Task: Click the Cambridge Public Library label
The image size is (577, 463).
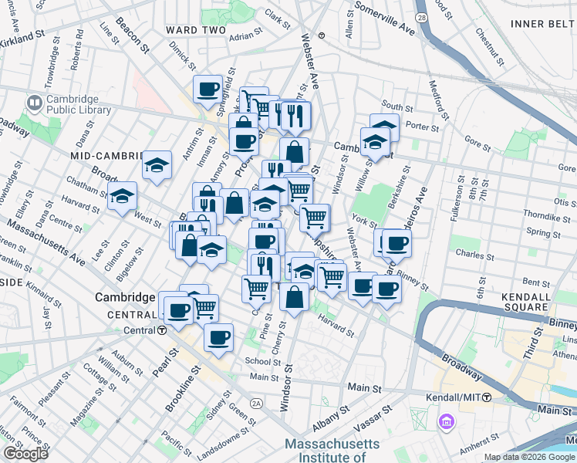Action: (x=78, y=104)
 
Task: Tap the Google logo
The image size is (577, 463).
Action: (x=25, y=454)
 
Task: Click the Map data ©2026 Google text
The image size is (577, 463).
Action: (x=529, y=457)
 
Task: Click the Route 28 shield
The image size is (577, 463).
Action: (x=421, y=16)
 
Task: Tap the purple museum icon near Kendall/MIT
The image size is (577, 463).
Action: (x=446, y=423)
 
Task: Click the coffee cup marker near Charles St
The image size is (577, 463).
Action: (x=396, y=244)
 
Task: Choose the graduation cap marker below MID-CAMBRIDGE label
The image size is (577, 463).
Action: (x=157, y=165)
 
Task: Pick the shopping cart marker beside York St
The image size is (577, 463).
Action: (x=314, y=218)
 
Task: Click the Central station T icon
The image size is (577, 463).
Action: (x=162, y=330)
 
